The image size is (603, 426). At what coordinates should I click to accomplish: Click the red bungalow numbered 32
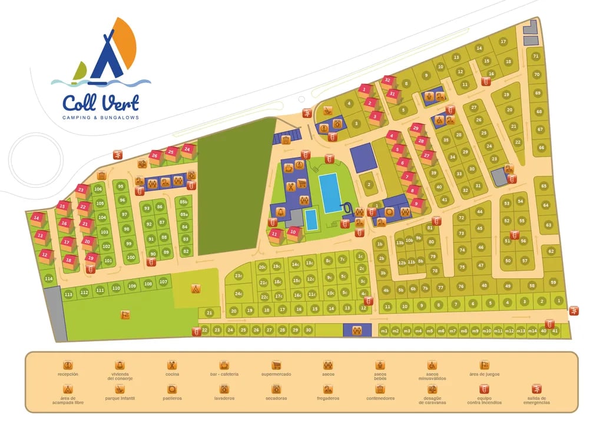coord(387,80)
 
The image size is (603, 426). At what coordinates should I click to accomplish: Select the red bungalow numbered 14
coord(38,218)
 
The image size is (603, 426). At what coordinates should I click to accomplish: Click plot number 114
coord(48,278)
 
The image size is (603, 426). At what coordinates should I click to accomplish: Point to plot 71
coord(535,56)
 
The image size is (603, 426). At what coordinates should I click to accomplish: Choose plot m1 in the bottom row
coord(384,331)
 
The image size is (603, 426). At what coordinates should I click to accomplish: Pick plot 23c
coord(238,275)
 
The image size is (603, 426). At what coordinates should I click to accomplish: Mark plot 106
coord(98,189)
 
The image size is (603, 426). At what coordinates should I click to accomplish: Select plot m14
coord(532,331)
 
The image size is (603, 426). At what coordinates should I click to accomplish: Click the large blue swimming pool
coord(330,192)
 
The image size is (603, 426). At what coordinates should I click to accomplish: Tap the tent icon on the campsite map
coord(196,289)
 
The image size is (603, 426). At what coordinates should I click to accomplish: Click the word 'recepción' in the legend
coord(68,374)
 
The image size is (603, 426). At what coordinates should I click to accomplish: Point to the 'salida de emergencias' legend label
coord(536,400)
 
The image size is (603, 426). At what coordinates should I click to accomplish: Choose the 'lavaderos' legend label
coord(224,398)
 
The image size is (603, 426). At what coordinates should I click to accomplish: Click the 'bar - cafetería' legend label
coord(224,374)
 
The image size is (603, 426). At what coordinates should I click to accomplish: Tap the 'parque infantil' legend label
coord(120,398)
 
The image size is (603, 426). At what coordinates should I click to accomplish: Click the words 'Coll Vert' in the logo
coord(101,103)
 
